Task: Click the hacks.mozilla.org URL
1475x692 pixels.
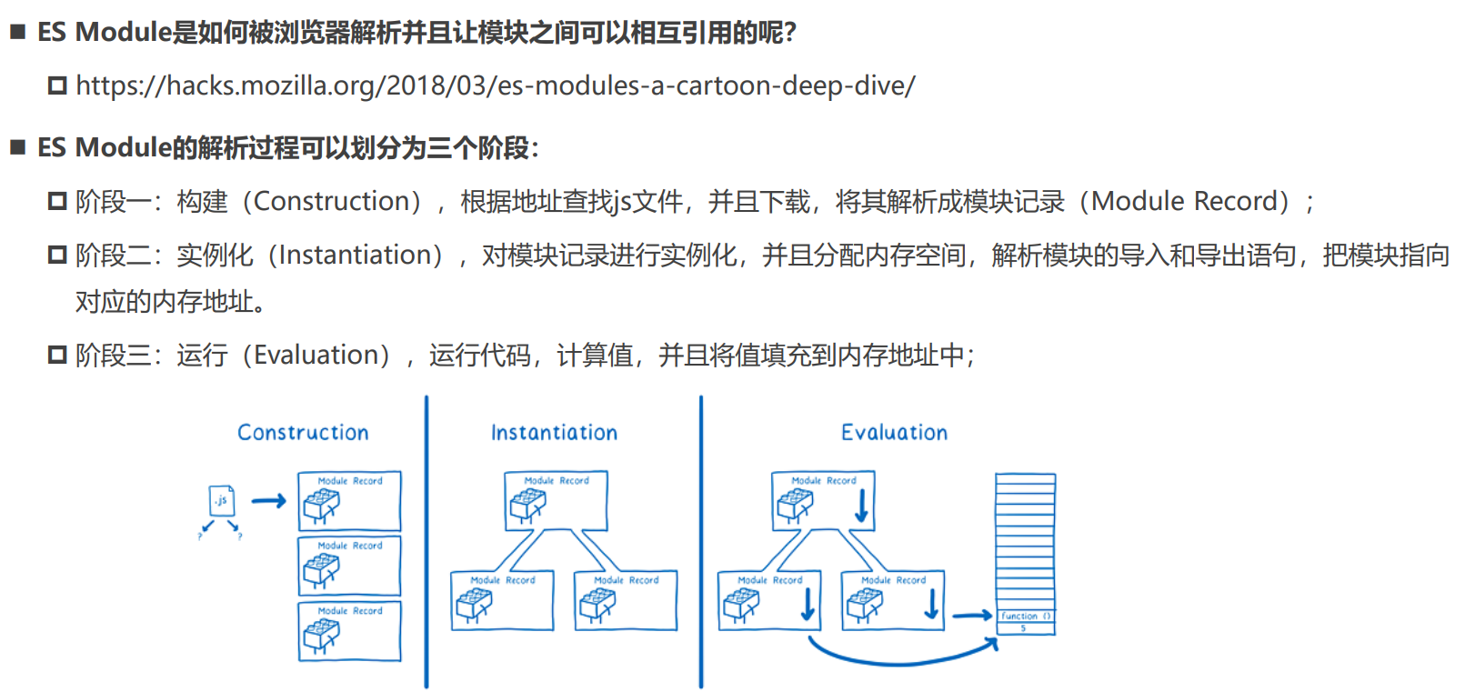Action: click(x=496, y=85)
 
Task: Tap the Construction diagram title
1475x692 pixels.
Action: click(x=303, y=433)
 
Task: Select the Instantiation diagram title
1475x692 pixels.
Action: click(x=554, y=433)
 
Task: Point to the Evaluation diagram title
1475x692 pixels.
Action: click(x=894, y=433)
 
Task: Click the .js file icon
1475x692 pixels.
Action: click(x=221, y=501)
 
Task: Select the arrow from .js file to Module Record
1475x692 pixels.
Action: click(x=268, y=501)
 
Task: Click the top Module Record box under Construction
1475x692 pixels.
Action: click(x=349, y=501)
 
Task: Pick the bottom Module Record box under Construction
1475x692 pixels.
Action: click(x=349, y=630)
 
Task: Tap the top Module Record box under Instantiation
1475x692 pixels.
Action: click(x=556, y=500)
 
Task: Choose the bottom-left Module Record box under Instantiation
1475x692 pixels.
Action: click(x=502, y=600)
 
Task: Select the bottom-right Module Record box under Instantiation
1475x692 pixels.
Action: click(x=626, y=600)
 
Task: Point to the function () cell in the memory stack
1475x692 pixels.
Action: click(x=1025, y=616)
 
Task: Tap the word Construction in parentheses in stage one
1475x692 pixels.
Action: click(x=336, y=201)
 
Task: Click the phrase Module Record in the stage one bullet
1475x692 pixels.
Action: click(x=1189, y=201)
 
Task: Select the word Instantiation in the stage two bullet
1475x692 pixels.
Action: click(x=360, y=256)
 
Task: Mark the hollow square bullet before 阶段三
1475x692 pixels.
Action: click(x=57, y=355)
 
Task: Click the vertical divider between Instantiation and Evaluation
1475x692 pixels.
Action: click(x=701, y=541)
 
